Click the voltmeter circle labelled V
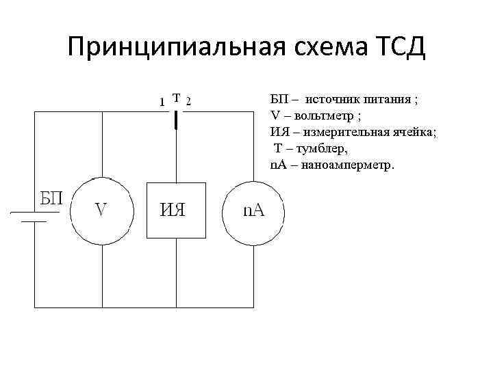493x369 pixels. [101, 210]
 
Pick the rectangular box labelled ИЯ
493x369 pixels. [176, 210]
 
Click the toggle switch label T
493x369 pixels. [176, 98]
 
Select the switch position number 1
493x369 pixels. [161, 102]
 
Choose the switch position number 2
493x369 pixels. [189, 102]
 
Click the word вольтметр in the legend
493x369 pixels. [320, 115]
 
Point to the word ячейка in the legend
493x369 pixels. [411, 132]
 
